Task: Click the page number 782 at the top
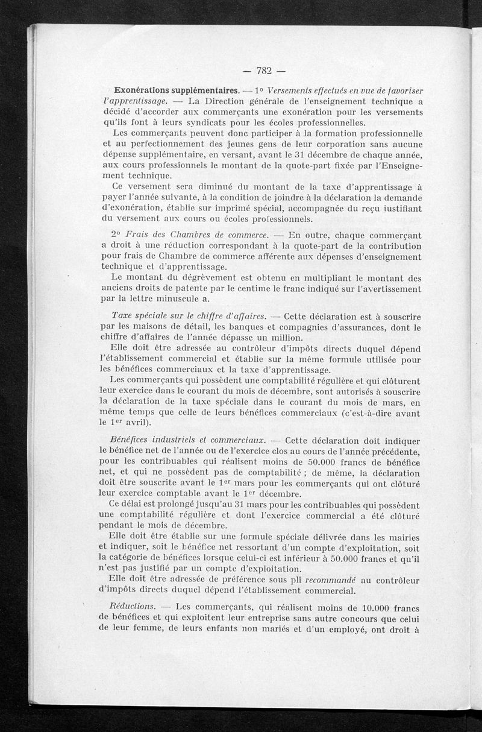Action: click(x=265, y=71)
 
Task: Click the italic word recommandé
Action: click(x=336, y=580)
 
